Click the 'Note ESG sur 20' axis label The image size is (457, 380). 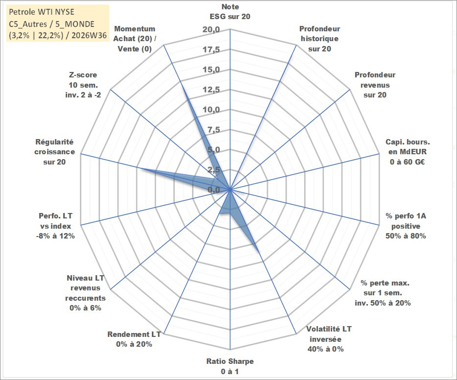point(230,12)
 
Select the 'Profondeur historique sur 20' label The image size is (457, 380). point(319,39)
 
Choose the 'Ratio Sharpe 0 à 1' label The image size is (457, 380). point(230,366)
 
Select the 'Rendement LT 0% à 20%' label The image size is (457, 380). point(134,339)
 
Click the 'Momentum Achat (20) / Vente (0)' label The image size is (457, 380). point(135,39)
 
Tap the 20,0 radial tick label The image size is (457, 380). point(211,30)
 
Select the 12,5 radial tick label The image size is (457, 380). point(211,90)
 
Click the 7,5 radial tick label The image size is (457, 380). point(214,130)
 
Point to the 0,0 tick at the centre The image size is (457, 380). point(214,190)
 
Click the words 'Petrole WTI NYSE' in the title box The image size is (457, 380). point(41,12)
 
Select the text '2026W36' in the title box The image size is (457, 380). point(89,36)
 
